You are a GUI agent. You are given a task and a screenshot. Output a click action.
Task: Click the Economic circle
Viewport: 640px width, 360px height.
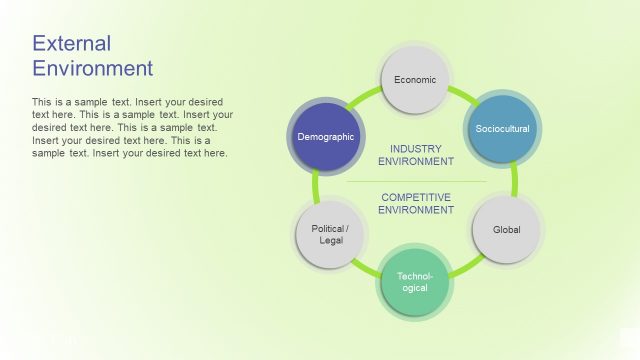click(x=415, y=80)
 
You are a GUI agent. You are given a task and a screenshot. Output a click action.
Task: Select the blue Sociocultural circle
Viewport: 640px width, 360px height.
click(x=502, y=128)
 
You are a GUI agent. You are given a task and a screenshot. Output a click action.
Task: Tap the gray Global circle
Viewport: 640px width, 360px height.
click(x=506, y=230)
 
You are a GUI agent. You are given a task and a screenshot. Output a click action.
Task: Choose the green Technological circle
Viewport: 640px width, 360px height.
click(x=415, y=281)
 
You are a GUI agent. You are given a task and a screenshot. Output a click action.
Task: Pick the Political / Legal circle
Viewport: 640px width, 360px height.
click(x=330, y=234)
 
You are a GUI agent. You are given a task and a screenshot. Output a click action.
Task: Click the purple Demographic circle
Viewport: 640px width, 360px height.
click(x=326, y=136)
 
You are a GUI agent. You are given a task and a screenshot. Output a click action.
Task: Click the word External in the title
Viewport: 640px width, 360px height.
click(x=71, y=43)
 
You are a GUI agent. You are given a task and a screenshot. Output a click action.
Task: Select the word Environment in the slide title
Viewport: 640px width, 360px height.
click(x=93, y=68)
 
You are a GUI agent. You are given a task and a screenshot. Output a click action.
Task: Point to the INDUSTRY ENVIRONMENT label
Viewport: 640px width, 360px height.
click(x=416, y=154)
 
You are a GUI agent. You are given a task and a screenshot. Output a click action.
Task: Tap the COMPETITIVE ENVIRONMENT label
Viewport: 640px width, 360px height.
click(x=416, y=203)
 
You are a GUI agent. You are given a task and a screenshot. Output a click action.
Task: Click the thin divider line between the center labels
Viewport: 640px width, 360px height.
click(x=416, y=182)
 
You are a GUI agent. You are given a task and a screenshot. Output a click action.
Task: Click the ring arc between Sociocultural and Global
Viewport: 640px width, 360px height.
click(x=515, y=180)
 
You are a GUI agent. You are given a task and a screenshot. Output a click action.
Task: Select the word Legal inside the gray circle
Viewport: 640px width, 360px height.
click(x=330, y=241)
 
